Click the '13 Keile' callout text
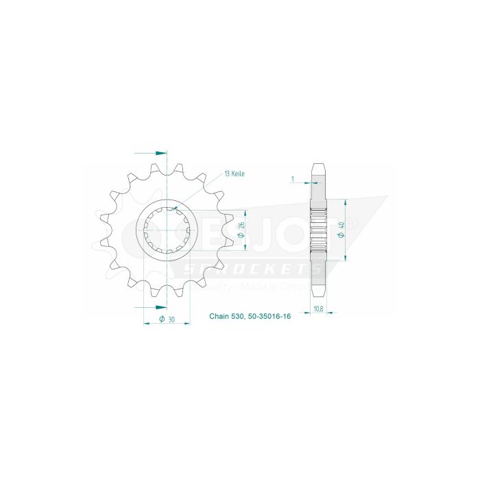(233, 174)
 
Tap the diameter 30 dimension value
(168, 319)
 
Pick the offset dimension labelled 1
(293, 180)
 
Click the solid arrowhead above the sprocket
(161, 152)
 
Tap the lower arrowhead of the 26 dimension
(242, 250)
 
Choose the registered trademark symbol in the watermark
(352, 224)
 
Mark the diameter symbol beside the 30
(161, 319)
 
